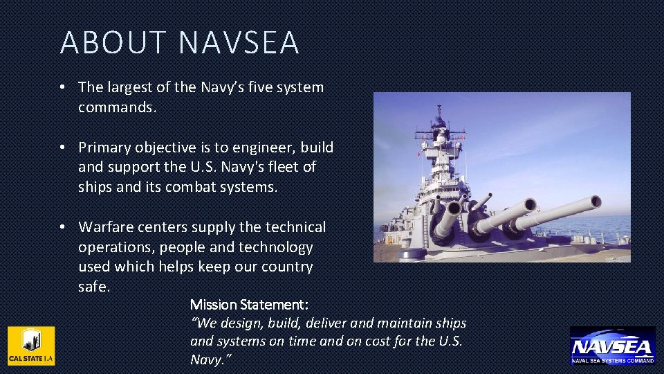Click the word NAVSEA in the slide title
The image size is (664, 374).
239,43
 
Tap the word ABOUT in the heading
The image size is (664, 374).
113,43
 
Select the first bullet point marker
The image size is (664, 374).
62,87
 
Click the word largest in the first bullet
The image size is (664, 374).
127,87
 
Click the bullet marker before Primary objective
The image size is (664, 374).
62,148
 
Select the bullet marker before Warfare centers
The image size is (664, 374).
62,227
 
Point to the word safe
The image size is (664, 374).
93,287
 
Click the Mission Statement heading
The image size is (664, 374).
249,305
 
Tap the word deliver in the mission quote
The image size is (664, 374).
324,323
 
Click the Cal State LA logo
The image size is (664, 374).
31,346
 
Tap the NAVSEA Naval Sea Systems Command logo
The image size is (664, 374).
612,346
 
